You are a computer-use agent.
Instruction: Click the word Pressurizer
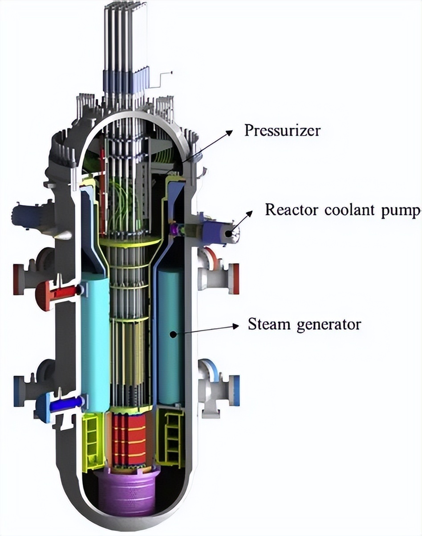282,131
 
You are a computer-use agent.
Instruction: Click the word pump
401,210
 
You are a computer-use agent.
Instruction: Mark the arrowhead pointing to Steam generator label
235,326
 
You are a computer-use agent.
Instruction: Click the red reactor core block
130,439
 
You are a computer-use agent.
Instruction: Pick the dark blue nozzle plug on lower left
67,403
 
